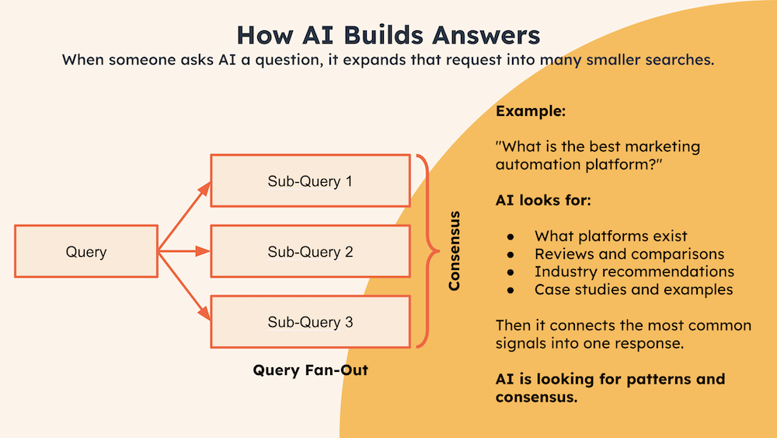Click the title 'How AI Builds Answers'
click(388, 34)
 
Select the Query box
click(86, 252)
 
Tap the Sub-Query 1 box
click(310, 181)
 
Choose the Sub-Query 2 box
click(310, 252)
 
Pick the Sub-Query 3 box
click(310, 321)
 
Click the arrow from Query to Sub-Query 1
click(185, 215)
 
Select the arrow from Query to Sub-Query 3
click(185, 287)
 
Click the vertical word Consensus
click(455, 251)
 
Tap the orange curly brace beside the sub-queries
click(424, 251)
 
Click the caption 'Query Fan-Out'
click(310, 370)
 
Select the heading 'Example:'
click(531, 111)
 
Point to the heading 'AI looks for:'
click(543, 201)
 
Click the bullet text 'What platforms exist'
click(611, 236)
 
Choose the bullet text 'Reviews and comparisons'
click(629, 254)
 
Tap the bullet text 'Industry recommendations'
click(634, 272)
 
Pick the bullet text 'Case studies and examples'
click(633, 289)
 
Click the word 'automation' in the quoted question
click(531, 165)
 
